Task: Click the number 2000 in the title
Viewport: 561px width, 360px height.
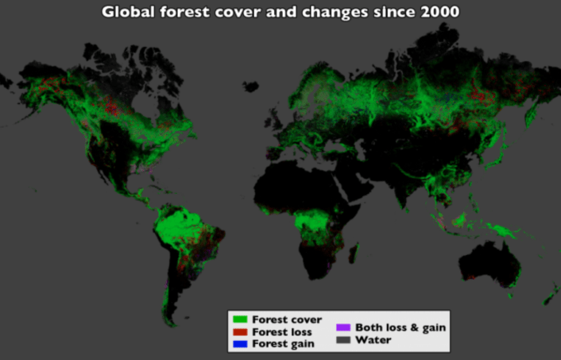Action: (436, 12)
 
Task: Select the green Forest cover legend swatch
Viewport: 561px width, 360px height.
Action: (240, 319)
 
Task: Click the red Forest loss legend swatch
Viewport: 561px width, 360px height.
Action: (240, 331)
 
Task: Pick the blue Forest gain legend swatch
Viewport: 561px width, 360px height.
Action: (240, 343)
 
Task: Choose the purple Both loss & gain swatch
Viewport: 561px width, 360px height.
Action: (343, 327)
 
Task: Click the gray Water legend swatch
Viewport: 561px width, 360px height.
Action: (343, 339)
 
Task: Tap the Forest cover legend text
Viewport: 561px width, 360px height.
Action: (287, 319)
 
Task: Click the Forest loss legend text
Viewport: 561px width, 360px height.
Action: (282, 331)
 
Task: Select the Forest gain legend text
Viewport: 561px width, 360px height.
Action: (283, 343)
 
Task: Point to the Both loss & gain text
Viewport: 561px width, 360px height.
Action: (400, 327)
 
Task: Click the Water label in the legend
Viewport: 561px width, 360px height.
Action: (373, 339)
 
